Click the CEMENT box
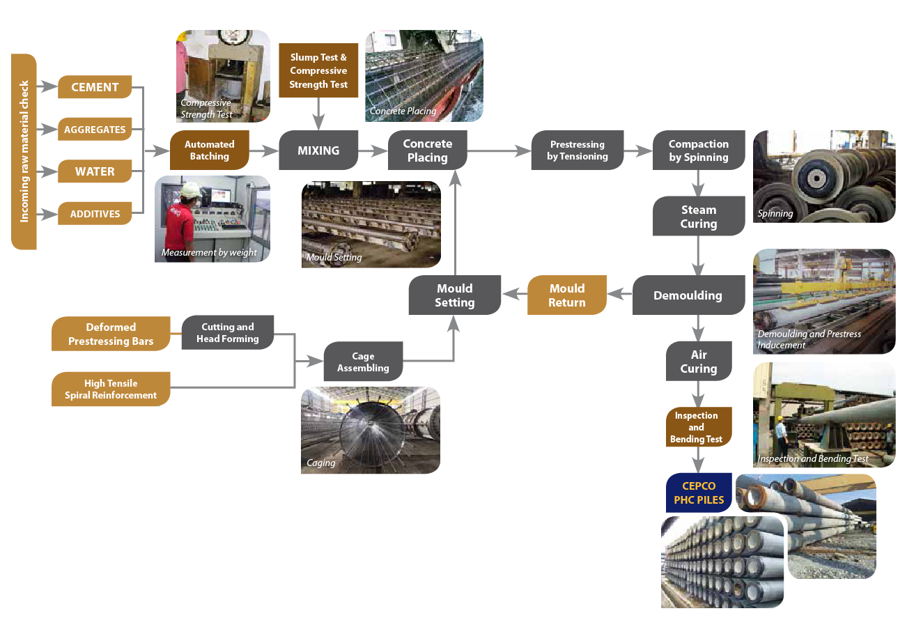pos(95,87)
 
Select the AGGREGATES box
pos(95,129)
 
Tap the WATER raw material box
pos(95,171)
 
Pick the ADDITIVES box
pos(95,214)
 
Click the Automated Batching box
pos(209,150)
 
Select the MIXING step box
pos(318,150)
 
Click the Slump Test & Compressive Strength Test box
pos(318,70)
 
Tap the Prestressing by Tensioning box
pos(577,150)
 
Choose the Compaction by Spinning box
pos(698,150)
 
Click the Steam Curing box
pos(698,217)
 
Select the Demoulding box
pos(687,295)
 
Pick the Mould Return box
pos(566,295)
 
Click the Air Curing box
pos(698,362)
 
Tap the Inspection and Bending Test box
pos(697,427)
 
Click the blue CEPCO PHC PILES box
pos(698,493)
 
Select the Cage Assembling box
pos(363,362)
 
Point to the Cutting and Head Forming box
pos(227,332)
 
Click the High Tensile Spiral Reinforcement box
pos(111,389)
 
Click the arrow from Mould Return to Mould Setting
pos(514,295)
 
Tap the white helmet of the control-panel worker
pos(190,189)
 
